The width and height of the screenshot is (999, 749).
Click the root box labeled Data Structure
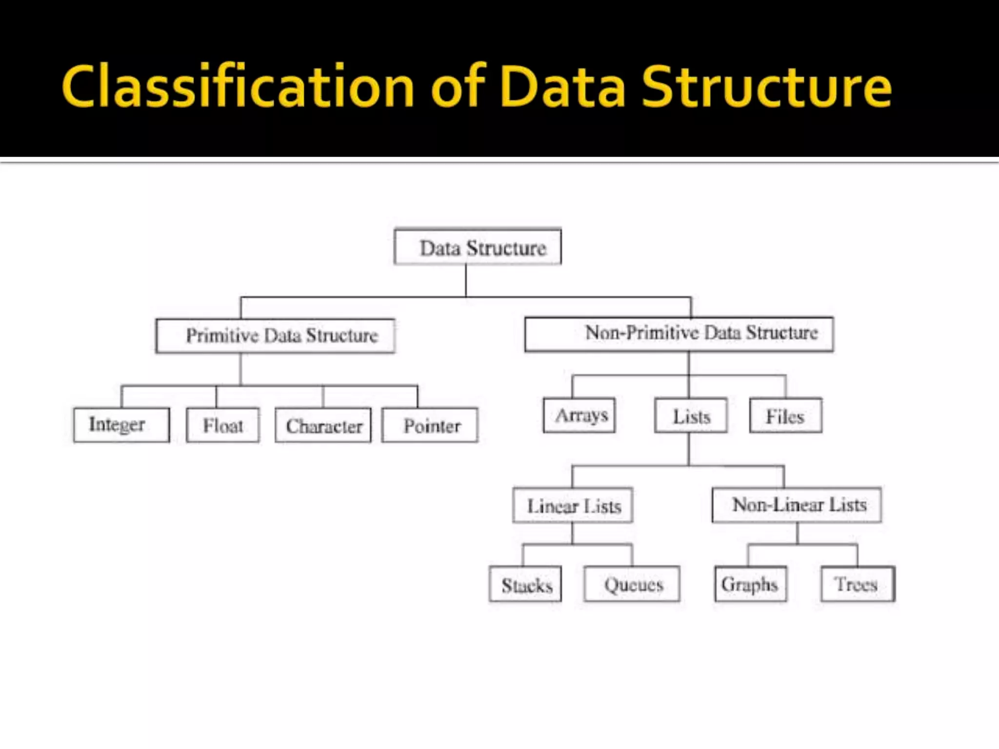pos(478,247)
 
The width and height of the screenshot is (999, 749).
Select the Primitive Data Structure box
pos(275,335)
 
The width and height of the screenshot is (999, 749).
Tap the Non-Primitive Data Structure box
pos(679,334)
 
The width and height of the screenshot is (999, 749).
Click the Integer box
pos(121,425)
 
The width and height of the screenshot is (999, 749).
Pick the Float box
pos(223,425)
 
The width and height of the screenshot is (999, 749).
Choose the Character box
pos(323,425)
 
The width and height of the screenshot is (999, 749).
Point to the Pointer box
pos(430,425)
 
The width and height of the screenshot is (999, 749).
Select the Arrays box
pos(579,415)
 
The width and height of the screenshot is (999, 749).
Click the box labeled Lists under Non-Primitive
pos(691,416)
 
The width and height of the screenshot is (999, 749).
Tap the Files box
pos(785,416)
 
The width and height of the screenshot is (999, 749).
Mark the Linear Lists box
pos(573,505)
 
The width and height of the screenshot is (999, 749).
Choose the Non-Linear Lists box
pos(797,505)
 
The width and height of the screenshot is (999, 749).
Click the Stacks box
pos(525,584)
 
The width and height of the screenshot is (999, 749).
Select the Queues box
pos(632,584)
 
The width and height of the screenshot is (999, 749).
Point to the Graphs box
pos(750,584)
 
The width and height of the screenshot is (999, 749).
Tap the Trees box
pos(858,584)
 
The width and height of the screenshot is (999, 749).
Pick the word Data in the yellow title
pos(563,87)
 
